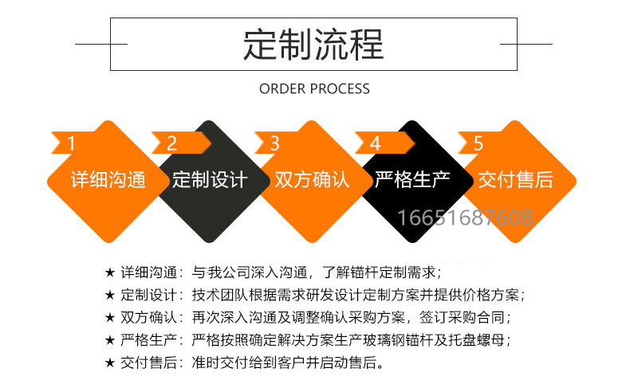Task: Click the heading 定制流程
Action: [x=313, y=45]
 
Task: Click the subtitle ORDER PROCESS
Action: [x=314, y=88]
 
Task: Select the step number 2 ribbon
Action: [x=181, y=143]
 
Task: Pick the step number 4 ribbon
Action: [x=384, y=143]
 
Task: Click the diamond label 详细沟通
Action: [x=108, y=179]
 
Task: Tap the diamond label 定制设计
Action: [x=210, y=179]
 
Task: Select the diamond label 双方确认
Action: [x=312, y=179]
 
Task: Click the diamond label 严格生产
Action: [x=412, y=179]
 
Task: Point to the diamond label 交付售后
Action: [x=515, y=179]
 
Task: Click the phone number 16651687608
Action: [x=465, y=217]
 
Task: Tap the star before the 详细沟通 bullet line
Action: [x=110, y=272]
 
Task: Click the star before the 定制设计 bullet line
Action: [x=110, y=296]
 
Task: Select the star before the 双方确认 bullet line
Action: [x=110, y=318]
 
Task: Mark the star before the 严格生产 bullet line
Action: [x=110, y=340]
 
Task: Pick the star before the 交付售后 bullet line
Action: [x=110, y=362]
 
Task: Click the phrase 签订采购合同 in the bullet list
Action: [x=462, y=317]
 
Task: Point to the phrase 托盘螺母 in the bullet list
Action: [x=476, y=340]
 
